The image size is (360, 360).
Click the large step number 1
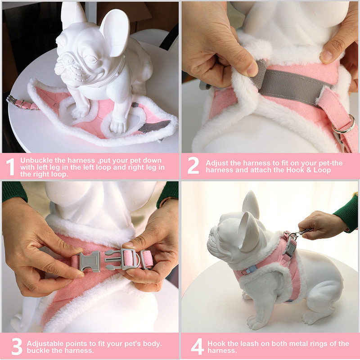[x=10, y=166]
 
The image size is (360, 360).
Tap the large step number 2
[x=193, y=165]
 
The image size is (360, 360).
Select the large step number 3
[x=17, y=346]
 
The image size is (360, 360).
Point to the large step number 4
[x=198, y=346]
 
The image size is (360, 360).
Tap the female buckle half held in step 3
[x=89, y=261]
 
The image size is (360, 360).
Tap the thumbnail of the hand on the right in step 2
[x=326, y=56]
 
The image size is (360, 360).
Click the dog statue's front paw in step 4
[x=255, y=323]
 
